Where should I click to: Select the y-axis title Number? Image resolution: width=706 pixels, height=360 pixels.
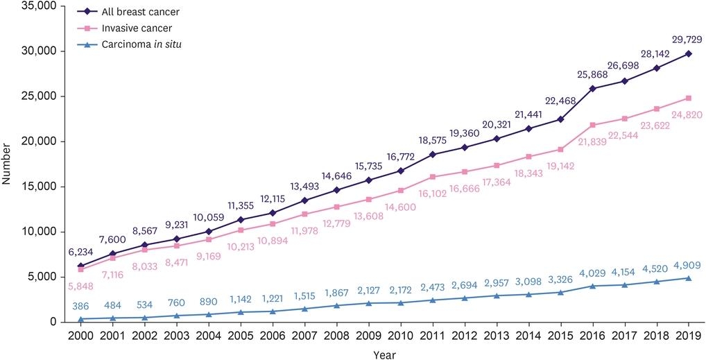point(7,164)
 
